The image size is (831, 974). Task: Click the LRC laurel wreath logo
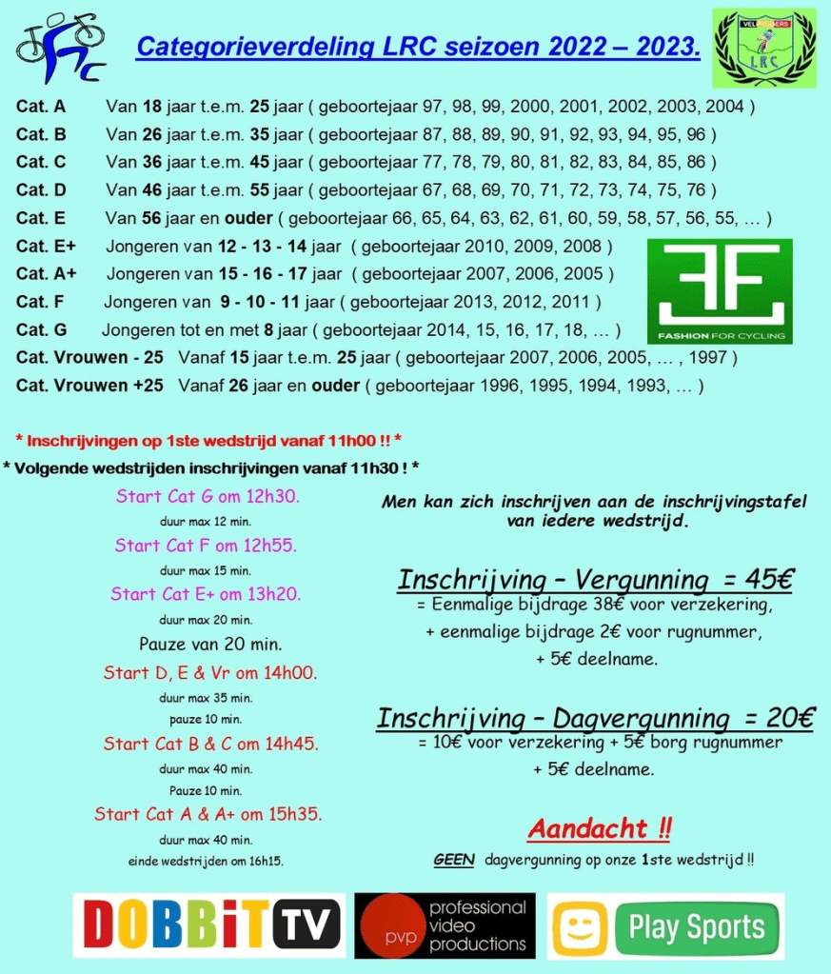764,48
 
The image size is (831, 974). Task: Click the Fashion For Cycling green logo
719,290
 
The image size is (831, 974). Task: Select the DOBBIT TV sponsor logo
208,924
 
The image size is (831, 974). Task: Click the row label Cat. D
41,189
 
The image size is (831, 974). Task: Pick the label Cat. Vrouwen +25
89,386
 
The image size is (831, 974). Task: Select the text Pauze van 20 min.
206,643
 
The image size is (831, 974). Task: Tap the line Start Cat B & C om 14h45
210,744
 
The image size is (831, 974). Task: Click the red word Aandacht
590,828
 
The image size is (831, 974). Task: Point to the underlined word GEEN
453,859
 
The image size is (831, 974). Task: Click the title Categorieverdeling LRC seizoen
418,46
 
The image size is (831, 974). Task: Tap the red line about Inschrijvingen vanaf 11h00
208,440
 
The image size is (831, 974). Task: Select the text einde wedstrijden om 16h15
207,862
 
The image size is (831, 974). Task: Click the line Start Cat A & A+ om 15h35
208,814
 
